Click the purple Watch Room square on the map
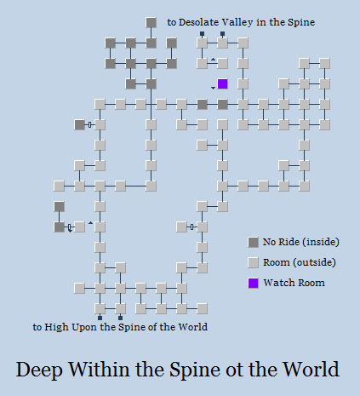tap(222, 84)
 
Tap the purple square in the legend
tap(253, 283)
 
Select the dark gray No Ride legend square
tap(253, 242)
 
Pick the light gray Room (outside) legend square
tap(253, 262)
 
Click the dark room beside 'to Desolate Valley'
tap(151, 23)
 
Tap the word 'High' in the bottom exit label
tap(56, 327)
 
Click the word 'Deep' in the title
tap(39, 370)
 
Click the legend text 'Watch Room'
tap(294, 283)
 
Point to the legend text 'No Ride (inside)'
tap(300, 242)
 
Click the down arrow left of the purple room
tap(213, 88)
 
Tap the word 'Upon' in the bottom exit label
tap(84, 328)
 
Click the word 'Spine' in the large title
tap(193, 370)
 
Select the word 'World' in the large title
tap(311, 369)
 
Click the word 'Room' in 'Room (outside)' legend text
tap(276, 262)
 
